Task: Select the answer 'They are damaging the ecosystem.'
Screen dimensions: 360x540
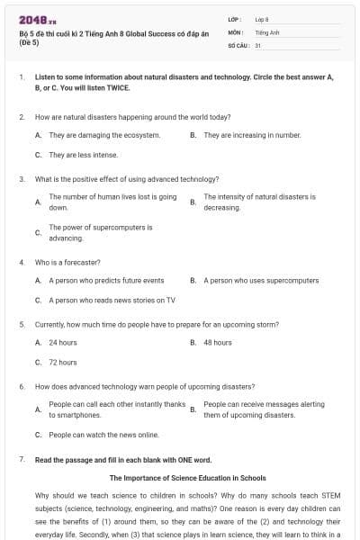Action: (104, 135)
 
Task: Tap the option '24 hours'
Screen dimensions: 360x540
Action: (63, 343)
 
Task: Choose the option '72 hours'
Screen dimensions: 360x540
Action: (63, 363)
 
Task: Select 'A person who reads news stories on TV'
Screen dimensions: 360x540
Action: (112, 301)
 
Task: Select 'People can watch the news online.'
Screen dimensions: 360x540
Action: (103, 435)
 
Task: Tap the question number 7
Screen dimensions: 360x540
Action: (21, 460)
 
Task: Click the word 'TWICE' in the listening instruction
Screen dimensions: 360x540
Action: (117, 88)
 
